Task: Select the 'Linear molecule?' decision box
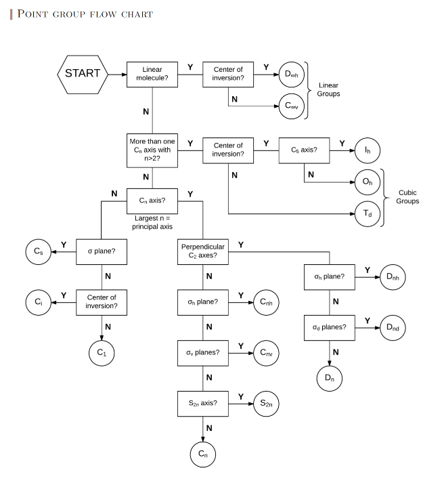coord(152,73)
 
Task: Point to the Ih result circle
coord(367,150)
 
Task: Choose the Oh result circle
coord(367,182)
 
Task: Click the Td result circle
coord(367,213)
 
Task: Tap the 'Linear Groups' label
coord(329,89)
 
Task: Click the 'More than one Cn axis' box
coord(152,150)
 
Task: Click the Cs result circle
coord(39,251)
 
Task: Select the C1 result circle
coord(101,352)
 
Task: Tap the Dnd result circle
coord(393,327)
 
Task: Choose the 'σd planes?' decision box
coord(330,327)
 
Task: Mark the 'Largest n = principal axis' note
coord(154,222)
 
